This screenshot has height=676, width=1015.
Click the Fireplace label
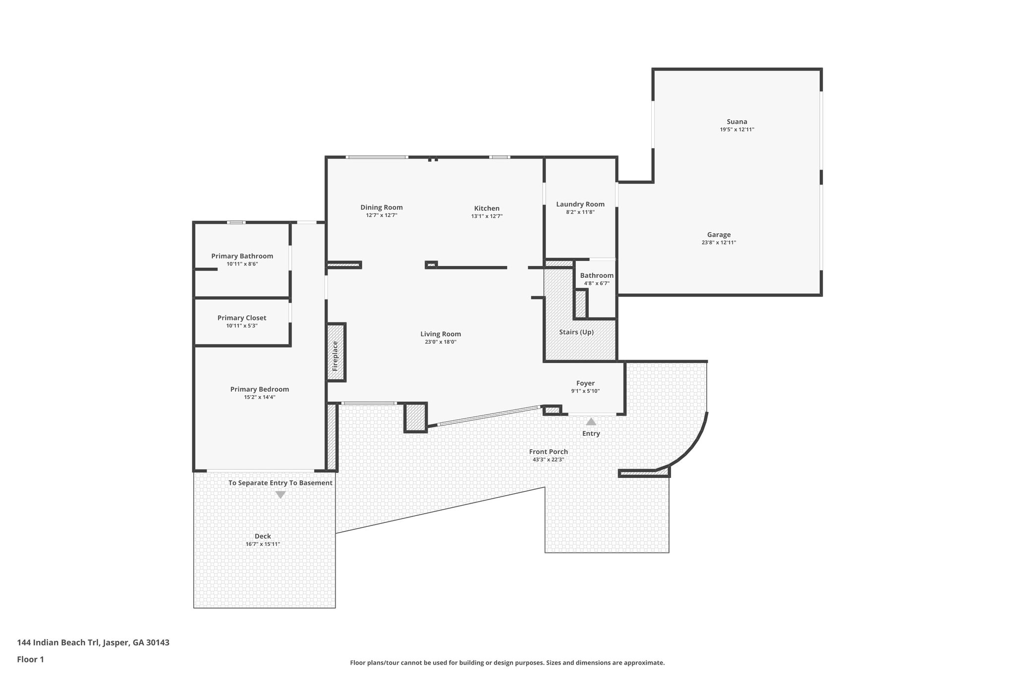pos(335,356)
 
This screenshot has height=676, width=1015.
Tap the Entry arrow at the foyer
pos(591,422)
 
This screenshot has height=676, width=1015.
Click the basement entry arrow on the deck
pos(281,495)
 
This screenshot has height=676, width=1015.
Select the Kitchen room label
pos(487,208)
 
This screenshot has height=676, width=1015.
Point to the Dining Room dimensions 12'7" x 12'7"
pos(381,215)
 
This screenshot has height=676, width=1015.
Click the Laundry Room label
pos(580,204)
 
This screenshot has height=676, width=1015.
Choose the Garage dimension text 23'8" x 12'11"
pos(719,243)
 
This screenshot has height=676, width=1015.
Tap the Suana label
pos(736,121)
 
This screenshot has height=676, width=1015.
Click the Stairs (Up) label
pos(576,332)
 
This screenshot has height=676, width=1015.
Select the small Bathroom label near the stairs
pos(596,275)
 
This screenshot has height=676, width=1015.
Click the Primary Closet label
pos(241,318)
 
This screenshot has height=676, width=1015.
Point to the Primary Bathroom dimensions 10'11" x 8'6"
pos(242,264)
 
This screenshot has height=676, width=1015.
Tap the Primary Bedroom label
pos(259,389)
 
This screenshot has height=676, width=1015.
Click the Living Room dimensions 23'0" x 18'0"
pos(440,342)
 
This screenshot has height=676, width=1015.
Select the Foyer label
pos(585,383)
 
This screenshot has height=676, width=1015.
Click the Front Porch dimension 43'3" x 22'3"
pos(548,460)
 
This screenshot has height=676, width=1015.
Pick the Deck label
pos(263,536)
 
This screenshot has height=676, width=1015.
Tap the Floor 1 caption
pos(30,660)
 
